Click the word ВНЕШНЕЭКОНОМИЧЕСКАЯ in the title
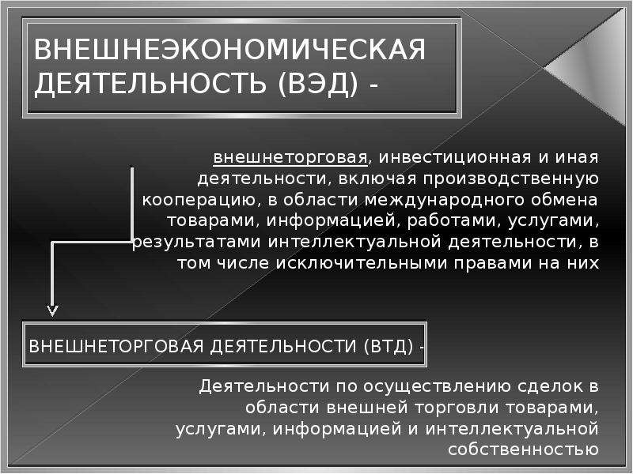(x=229, y=50)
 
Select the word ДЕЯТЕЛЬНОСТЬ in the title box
(x=150, y=84)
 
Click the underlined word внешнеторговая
(x=290, y=157)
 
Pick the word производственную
(x=510, y=179)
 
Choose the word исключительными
(x=361, y=263)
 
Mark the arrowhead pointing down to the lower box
(x=52, y=310)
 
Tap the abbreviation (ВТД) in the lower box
(x=389, y=346)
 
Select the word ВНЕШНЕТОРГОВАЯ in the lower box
(x=116, y=346)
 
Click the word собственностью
(x=523, y=450)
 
